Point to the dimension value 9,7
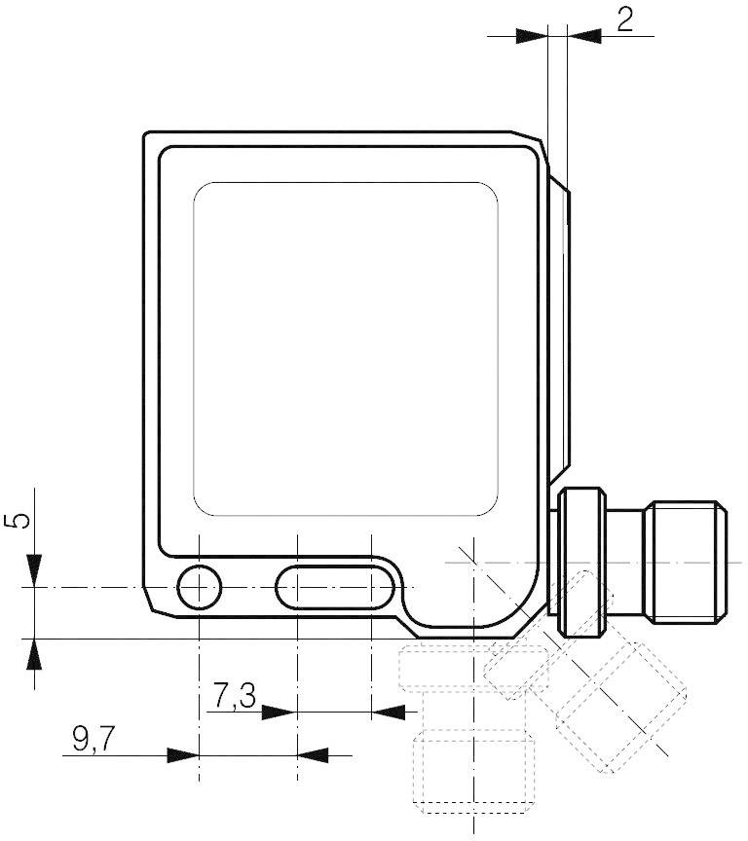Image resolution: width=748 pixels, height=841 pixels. click(93, 740)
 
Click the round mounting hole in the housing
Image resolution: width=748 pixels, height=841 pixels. click(199, 587)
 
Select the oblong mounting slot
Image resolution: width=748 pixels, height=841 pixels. click(335, 587)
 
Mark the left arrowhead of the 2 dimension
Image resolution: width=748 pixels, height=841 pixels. click(532, 35)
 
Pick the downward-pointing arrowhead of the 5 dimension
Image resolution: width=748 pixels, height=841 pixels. click(34, 570)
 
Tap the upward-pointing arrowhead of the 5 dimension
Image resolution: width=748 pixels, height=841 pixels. click(34, 655)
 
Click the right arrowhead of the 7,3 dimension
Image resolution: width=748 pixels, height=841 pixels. click(390, 713)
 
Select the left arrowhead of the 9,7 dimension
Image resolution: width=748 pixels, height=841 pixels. click(182, 754)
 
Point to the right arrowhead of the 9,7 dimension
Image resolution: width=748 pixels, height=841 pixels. click(313, 754)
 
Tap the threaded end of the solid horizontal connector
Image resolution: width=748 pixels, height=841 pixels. click(688, 562)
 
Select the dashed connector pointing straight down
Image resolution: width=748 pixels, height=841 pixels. click(471, 740)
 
